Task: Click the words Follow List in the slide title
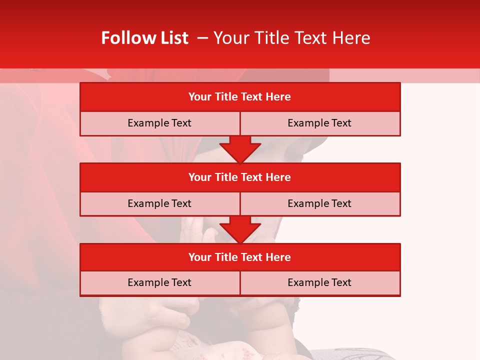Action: click(144, 38)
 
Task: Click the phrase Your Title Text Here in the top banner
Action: click(291, 38)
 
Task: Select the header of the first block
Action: click(240, 97)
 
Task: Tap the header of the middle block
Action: click(240, 177)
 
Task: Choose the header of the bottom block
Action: click(240, 257)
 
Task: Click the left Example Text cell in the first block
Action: click(159, 123)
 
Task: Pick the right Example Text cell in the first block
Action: click(320, 123)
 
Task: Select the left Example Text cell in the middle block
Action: click(159, 204)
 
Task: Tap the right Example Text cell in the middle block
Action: click(320, 204)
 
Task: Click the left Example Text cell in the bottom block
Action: click(159, 283)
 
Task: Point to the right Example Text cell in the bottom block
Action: click(320, 283)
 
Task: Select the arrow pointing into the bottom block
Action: click(240, 229)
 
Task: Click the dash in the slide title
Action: click(202, 38)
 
